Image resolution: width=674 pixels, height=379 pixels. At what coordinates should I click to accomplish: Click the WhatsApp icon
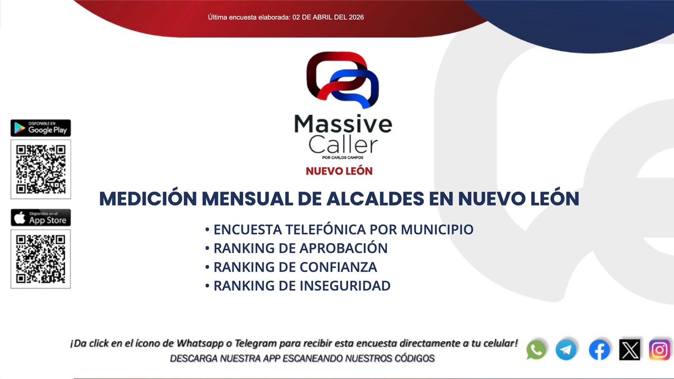coord(536,350)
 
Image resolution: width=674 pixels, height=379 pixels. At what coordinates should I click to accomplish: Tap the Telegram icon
coord(566,350)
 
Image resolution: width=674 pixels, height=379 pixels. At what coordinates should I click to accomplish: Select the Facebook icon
coord(599,350)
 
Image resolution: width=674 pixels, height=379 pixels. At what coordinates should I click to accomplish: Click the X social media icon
coord(630,350)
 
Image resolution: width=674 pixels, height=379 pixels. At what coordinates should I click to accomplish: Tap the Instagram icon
coord(659,350)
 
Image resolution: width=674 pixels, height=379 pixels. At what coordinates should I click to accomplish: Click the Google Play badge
coord(40,128)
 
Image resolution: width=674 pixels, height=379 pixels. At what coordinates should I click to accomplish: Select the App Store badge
coord(40,218)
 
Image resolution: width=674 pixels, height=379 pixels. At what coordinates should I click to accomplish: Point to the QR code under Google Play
coord(40,169)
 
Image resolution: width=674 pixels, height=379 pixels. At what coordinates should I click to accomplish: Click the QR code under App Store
coord(40,259)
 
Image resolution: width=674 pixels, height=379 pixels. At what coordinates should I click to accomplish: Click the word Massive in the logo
coord(343,124)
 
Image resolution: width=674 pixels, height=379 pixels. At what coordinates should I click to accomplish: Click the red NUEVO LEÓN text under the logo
coord(339,171)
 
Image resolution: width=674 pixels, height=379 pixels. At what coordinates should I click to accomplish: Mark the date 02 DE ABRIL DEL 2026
coord(329,17)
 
